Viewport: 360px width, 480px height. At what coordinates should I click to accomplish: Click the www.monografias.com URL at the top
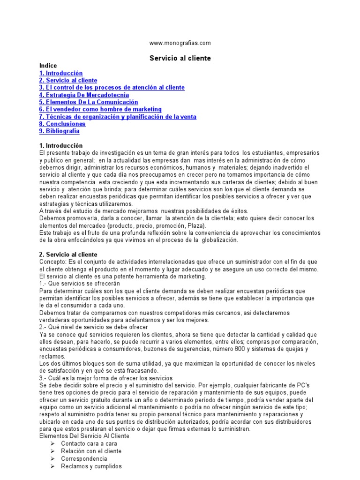pyautogui.click(x=180, y=43)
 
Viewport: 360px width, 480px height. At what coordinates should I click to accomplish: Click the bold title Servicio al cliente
pyautogui.click(x=180, y=59)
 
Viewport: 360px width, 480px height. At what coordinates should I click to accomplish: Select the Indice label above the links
pyautogui.click(x=48, y=66)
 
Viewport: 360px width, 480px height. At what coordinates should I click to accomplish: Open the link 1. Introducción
pyautogui.click(x=61, y=74)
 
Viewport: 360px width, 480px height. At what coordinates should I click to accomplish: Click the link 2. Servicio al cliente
pyautogui.click(x=68, y=81)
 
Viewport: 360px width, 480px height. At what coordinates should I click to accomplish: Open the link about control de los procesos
pyautogui.click(x=112, y=88)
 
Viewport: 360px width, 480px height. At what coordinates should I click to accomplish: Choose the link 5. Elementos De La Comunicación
pyautogui.click(x=89, y=102)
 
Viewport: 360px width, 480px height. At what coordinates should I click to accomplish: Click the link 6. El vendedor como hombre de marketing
pyautogui.click(x=100, y=110)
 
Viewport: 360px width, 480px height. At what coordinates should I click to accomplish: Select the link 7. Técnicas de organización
pyautogui.click(x=118, y=117)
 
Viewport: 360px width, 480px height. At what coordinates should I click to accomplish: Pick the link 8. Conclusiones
pyautogui.click(x=62, y=124)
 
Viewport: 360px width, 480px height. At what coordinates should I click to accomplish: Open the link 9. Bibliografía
pyautogui.click(x=60, y=131)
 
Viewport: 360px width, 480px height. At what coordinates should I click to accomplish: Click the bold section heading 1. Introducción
pyautogui.click(x=61, y=146)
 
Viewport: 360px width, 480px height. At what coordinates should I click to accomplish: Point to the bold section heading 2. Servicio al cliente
pyautogui.click(x=68, y=255)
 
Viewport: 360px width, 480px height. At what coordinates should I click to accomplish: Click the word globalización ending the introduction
pyautogui.click(x=220, y=240)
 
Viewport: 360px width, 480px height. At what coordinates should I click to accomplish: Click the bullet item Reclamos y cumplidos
pyautogui.click(x=91, y=466)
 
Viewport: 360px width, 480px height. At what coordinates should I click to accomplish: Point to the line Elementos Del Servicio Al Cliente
pyautogui.click(x=84, y=436)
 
